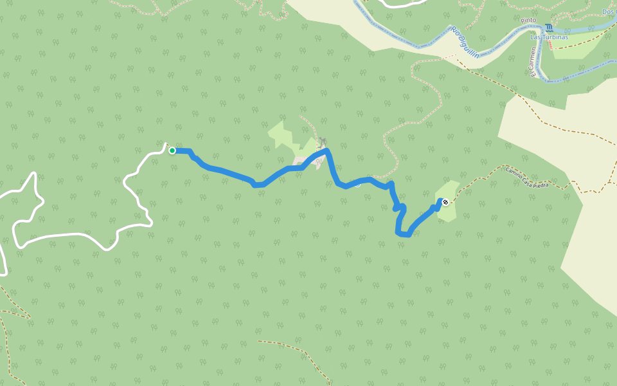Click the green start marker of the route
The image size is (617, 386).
click(x=172, y=151)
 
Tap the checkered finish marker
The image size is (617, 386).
click(x=445, y=203)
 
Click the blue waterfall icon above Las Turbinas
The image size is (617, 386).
click(x=548, y=28)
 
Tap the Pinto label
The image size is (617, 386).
click(x=528, y=21)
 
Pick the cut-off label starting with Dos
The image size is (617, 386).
click(x=609, y=12)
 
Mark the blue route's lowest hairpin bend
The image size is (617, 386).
click(x=403, y=234)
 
